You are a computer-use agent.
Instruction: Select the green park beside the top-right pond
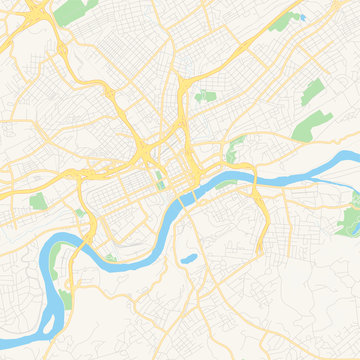(285, 22)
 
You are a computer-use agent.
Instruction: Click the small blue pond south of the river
(187, 258)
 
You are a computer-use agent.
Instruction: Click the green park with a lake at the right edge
(350, 220)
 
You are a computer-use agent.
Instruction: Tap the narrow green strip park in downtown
(159, 181)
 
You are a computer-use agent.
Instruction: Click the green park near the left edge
(38, 201)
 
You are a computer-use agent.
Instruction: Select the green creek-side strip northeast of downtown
(234, 150)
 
